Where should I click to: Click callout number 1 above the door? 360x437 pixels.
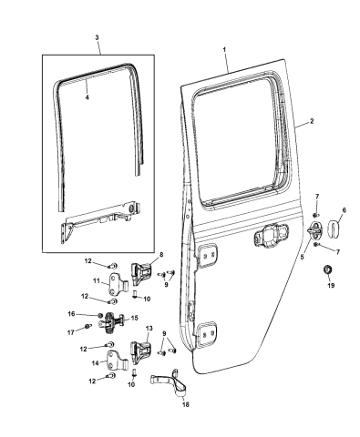[x=224, y=49]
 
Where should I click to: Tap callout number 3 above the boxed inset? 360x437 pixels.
[x=97, y=37]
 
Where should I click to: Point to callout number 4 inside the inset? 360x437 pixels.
[x=87, y=97]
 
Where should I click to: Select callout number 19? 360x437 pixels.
[x=331, y=285]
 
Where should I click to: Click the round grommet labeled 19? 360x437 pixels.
[x=328, y=269]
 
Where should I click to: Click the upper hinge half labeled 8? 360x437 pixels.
[x=141, y=273]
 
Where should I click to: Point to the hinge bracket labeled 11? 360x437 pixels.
[x=117, y=283]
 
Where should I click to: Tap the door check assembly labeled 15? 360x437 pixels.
[x=111, y=323]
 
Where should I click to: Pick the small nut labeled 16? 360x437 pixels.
[x=100, y=315]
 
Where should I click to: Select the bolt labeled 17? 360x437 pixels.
[x=88, y=327]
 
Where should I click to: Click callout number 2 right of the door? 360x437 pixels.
[x=312, y=121]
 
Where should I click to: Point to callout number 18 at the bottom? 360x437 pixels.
[x=186, y=404]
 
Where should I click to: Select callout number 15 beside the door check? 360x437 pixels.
[x=134, y=318]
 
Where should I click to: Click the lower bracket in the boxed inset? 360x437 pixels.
[x=100, y=219]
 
